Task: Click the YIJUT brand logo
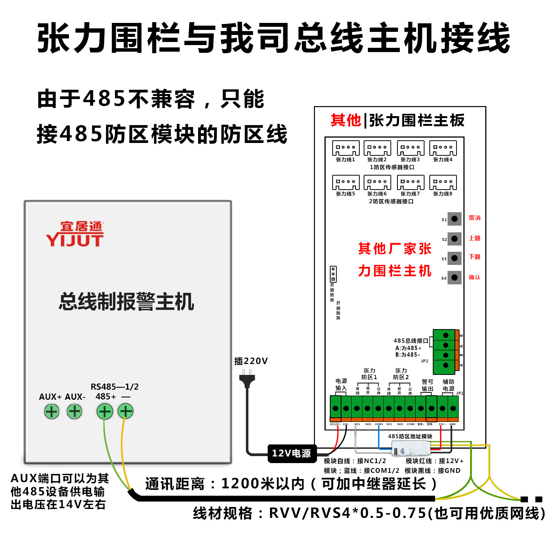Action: click(75, 234)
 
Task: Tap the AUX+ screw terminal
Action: click(51, 411)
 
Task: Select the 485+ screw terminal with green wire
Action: click(105, 411)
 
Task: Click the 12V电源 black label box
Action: click(292, 453)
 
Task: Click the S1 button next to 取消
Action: click(454, 219)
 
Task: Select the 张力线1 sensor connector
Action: click(345, 148)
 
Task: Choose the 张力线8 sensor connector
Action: click(443, 182)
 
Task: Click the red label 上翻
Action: click(474, 238)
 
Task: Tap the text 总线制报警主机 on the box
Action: click(127, 302)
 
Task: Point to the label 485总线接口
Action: click(410, 341)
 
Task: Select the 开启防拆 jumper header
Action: click(333, 274)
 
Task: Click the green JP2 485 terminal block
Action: click(445, 351)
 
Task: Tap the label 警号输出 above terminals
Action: click(427, 385)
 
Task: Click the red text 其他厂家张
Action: click(395, 249)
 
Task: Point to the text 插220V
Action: click(251, 361)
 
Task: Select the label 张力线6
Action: click(377, 194)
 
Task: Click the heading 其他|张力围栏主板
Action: click(397, 120)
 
